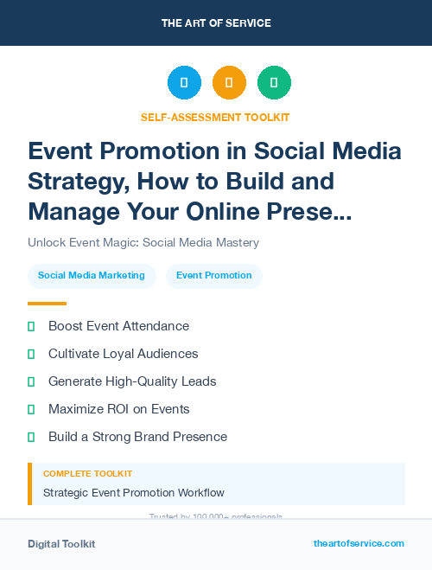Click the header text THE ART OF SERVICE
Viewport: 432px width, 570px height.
click(216, 22)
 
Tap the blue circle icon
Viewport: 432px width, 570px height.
click(184, 83)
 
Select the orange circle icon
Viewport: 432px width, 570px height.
click(229, 83)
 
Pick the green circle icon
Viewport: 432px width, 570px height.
click(274, 83)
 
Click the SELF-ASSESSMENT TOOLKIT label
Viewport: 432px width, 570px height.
click(216, 117)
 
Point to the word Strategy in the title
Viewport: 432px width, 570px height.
click(73, 181)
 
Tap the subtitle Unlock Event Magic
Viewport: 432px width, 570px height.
click(143, 242)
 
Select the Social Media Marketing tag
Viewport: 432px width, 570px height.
click(92, 276)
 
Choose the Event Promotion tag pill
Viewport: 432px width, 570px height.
click(213, 276)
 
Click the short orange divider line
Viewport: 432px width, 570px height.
click(47, 304)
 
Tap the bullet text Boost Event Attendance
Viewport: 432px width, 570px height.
click(118, 326)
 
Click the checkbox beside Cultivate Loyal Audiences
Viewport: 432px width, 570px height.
click(31, 354)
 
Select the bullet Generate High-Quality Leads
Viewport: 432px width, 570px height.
click(132, 381)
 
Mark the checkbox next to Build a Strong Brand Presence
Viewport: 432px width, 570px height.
click(31, 437)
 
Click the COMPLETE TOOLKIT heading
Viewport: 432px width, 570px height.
click(87, 474)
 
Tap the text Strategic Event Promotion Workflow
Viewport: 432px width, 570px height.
click(134, 493)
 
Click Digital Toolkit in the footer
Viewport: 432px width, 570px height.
click(61, 544)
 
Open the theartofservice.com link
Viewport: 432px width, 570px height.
click(359, 543)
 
